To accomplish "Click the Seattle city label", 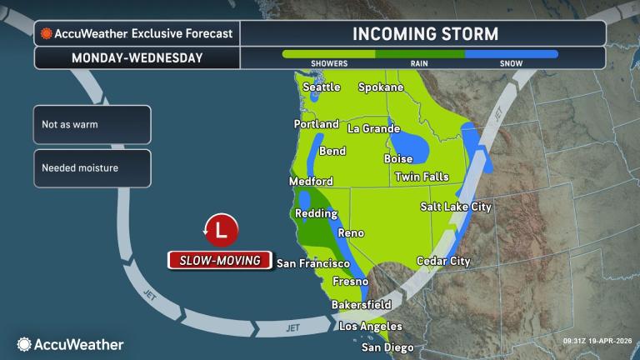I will [x=322, y=87].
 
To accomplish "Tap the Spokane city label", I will [x=381, y=87].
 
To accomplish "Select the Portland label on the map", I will [x=317, y=124].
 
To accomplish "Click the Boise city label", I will [x=398, y=158].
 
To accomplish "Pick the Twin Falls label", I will [x=422, y=177].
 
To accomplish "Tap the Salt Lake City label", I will [x=456, y=207].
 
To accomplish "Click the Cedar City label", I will [x=443, y=261].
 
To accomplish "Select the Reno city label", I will [x=351, y=232].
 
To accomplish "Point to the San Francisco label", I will [x=312, y=263].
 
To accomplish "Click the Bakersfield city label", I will [x=361, y=305].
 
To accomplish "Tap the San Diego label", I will [x=387, y=347].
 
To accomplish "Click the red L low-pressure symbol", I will [x=221, y=229].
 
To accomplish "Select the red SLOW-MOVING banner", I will [x=221, y=261].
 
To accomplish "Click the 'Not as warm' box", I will [x=92, y=125].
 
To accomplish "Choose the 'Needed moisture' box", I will [x=92, y=167].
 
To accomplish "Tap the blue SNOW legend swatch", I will [x=511, y=54].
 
